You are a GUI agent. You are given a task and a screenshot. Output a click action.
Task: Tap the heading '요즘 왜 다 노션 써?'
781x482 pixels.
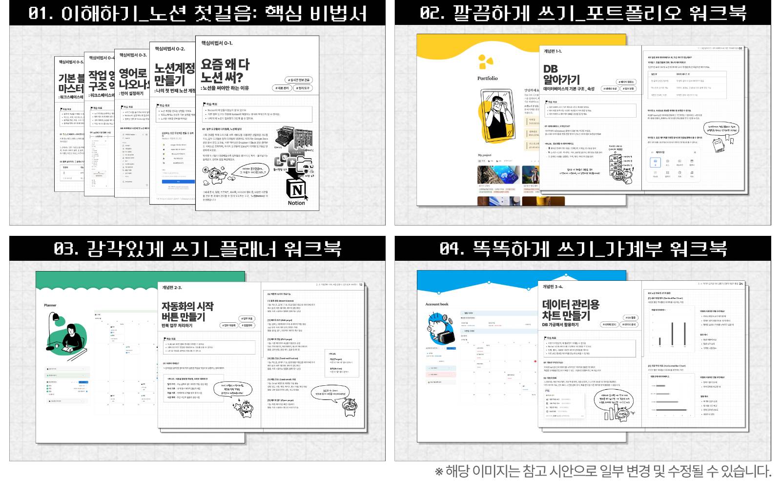point(225,71)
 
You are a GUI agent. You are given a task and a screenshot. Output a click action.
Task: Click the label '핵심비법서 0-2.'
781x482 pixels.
point(170,49)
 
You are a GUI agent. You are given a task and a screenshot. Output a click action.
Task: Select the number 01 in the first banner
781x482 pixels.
point(41,13)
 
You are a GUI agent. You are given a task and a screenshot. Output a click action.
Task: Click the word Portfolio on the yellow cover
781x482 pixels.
point(487,78)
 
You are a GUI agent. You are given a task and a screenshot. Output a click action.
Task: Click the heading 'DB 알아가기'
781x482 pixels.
point(561,74)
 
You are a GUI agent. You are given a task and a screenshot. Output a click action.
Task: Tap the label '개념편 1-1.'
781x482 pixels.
point(553,51)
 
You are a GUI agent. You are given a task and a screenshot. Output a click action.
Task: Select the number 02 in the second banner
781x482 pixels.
point(432,13)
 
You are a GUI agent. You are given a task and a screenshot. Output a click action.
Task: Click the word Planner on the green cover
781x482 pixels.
point(50,305)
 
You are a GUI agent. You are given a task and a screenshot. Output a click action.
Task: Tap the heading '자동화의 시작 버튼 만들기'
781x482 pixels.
point(187,311)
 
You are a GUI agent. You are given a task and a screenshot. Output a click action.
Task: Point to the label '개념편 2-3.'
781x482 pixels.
point(172,288)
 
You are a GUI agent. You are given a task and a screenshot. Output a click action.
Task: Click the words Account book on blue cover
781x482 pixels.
point(436,304)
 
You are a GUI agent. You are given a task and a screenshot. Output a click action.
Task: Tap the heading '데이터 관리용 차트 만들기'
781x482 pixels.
point(570,310)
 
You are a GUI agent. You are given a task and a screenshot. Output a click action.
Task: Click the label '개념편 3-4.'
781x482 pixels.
point(553,287)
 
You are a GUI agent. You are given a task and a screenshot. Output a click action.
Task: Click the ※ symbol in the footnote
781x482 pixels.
point(439,472)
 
